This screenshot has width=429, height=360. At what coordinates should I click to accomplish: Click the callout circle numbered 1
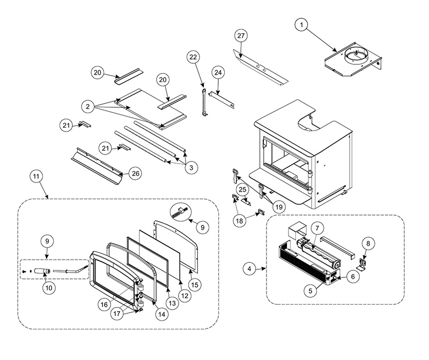pos(301,25)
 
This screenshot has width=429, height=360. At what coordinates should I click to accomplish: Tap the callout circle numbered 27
pos(241,36)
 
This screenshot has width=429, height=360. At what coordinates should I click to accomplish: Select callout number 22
pos(193,57)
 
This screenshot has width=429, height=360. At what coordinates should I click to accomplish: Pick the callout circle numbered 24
pos(218,72)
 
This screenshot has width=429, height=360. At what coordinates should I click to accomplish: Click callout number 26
pos(136,174)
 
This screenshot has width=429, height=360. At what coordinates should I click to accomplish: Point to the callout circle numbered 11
pos(36,177)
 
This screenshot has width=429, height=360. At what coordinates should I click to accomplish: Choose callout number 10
pos(49,288)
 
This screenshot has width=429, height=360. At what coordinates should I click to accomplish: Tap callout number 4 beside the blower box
pos(249,269)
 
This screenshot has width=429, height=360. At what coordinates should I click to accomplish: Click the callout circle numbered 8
pos(368,244)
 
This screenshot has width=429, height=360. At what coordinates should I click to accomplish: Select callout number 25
pos(242,190)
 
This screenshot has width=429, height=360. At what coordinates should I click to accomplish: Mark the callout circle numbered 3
pos(191,167)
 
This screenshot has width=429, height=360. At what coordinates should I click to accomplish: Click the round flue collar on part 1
pos(356,57)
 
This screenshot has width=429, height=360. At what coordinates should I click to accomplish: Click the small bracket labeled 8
pos(363,264)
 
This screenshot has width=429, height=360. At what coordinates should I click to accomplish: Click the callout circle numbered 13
pos(172,303)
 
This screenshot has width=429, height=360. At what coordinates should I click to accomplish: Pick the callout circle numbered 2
pos(87,106)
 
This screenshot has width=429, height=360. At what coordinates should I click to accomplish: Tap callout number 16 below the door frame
pos(104,305)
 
